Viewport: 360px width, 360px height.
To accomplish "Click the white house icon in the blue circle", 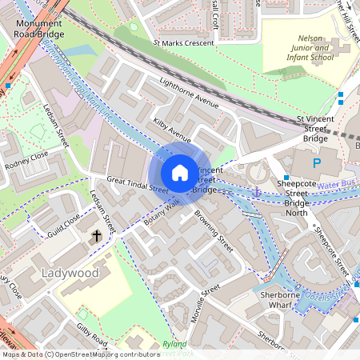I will click(180, 173).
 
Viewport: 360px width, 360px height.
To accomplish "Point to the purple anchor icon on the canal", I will click(257, 192).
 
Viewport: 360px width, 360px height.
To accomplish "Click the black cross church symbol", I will click(96, 236).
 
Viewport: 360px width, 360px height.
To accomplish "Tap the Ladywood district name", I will click(69, 274).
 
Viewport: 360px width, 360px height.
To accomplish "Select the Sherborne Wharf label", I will click(297, 299).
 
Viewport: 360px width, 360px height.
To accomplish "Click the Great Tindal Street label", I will click(137, 186).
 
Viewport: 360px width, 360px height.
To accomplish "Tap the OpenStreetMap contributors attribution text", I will click(80, 354).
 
